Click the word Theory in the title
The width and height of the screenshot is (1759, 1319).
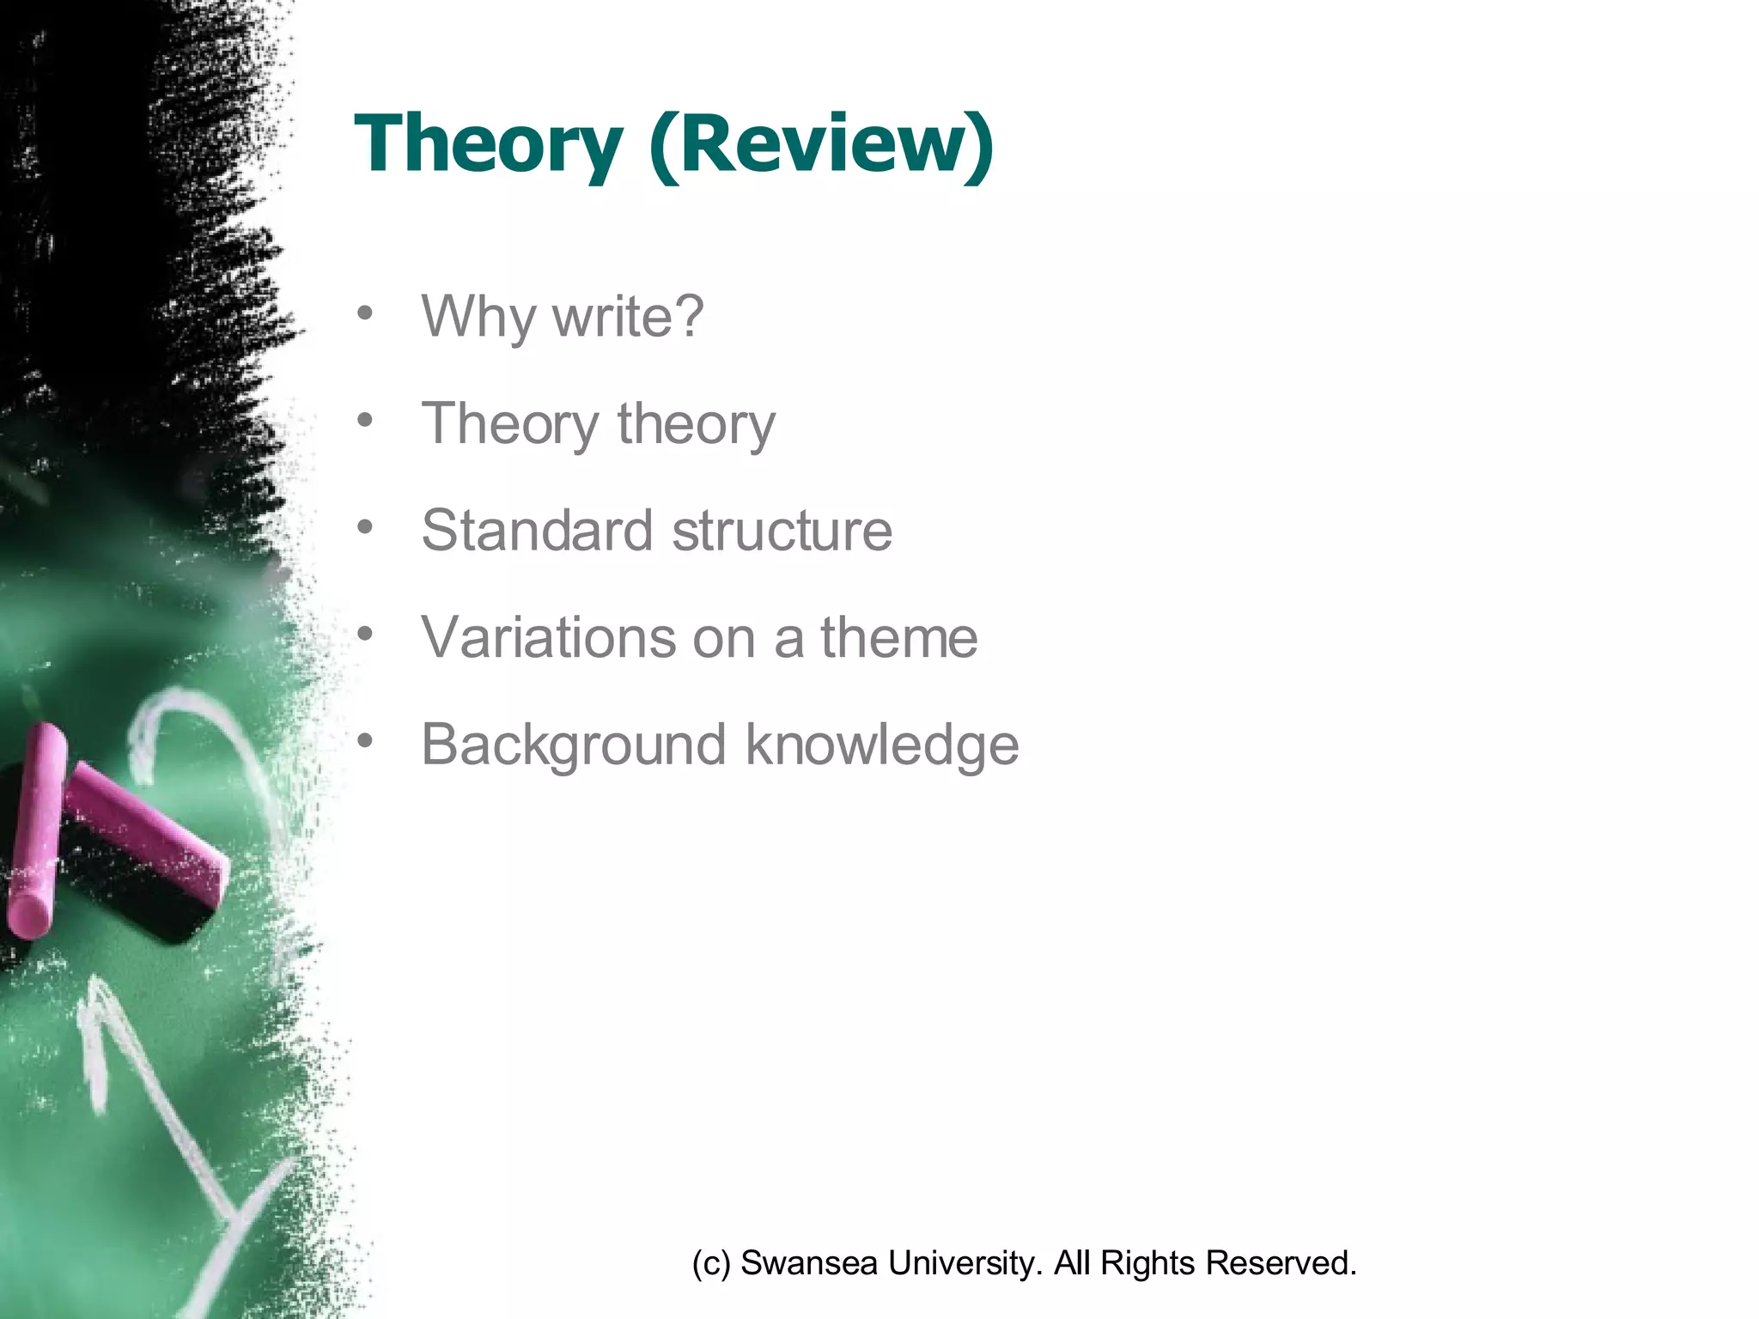pos(488,144)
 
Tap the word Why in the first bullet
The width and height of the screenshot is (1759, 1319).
pos(477,318)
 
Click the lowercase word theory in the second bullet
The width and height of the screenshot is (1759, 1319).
pos(696,424)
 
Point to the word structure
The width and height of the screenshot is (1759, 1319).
pos(782,531)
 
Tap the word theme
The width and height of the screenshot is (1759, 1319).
pos(898,637)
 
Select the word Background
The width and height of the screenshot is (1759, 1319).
pos(573,745)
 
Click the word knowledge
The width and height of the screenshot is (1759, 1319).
pos(882,745)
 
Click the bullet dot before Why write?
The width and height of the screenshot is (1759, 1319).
pos(366,313)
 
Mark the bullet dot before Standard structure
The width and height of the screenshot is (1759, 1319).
pos(366,526)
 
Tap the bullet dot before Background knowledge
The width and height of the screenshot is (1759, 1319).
pos(366,740)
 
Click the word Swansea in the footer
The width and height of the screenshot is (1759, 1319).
pos(808,1263)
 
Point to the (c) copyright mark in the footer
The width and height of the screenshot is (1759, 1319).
pos(711,1263)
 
